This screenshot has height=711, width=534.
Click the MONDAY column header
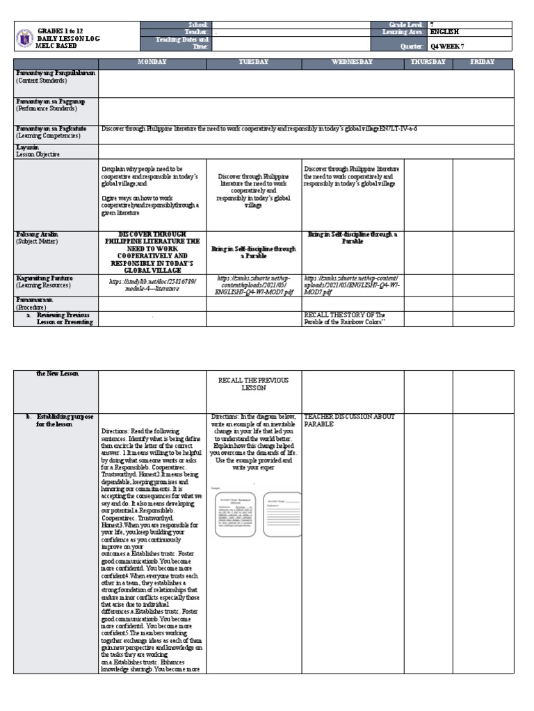(152, 62)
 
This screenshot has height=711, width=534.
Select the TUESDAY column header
(254, 62)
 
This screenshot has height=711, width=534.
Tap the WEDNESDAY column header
(353, 62)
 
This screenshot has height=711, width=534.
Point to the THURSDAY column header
(428, 62)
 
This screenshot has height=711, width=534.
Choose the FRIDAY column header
(482, 62)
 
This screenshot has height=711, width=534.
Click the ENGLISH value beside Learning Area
(445, 32)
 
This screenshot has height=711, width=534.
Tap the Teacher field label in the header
(198, 32)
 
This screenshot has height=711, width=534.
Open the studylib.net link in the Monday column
(153, 285)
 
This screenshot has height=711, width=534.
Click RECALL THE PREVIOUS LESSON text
(254, 385)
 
